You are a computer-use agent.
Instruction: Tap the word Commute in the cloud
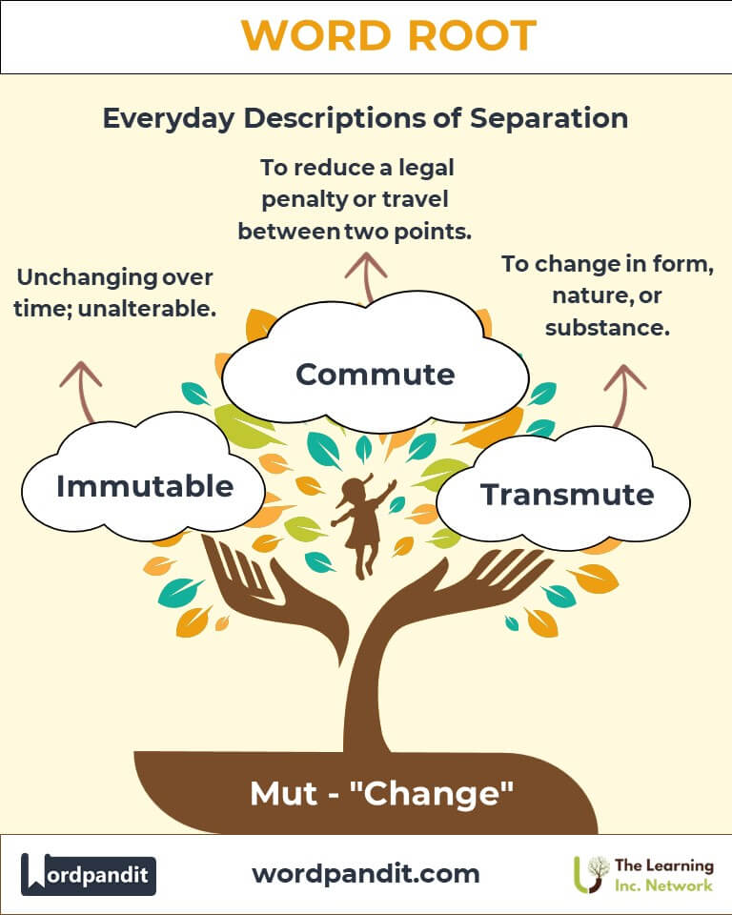coord(375,374)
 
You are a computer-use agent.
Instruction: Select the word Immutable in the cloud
coord(145,486)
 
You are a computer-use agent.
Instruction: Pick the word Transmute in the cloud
coord(567,495)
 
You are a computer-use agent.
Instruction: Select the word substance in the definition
coord(607,328)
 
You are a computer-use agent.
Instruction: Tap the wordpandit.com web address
coord(366,873)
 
